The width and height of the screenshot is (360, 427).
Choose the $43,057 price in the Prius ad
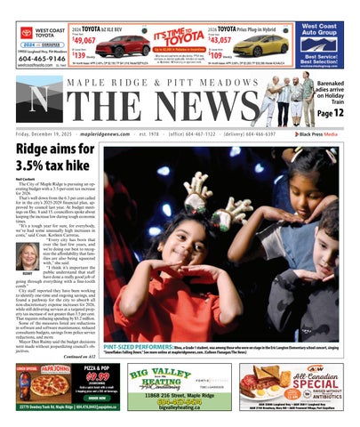[x=220, y=40]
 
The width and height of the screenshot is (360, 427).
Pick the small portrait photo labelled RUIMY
[x=28, y=257]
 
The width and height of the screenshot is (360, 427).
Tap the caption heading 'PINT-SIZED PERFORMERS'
[x=132, y=346]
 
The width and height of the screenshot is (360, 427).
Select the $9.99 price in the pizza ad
[x=95, y=376]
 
